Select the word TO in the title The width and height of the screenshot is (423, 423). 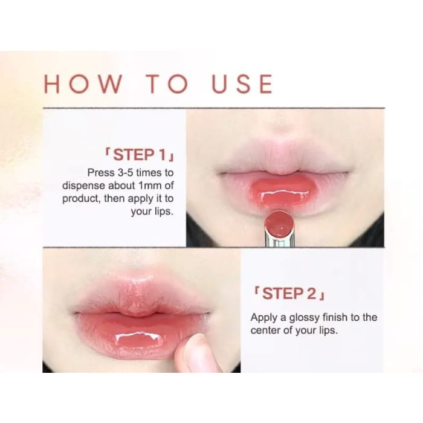click(167, 84)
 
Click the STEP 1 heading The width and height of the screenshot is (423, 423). click(139, 153)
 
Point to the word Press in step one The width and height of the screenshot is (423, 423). click(100, 172)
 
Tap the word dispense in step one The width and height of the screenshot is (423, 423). click(84, 186)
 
